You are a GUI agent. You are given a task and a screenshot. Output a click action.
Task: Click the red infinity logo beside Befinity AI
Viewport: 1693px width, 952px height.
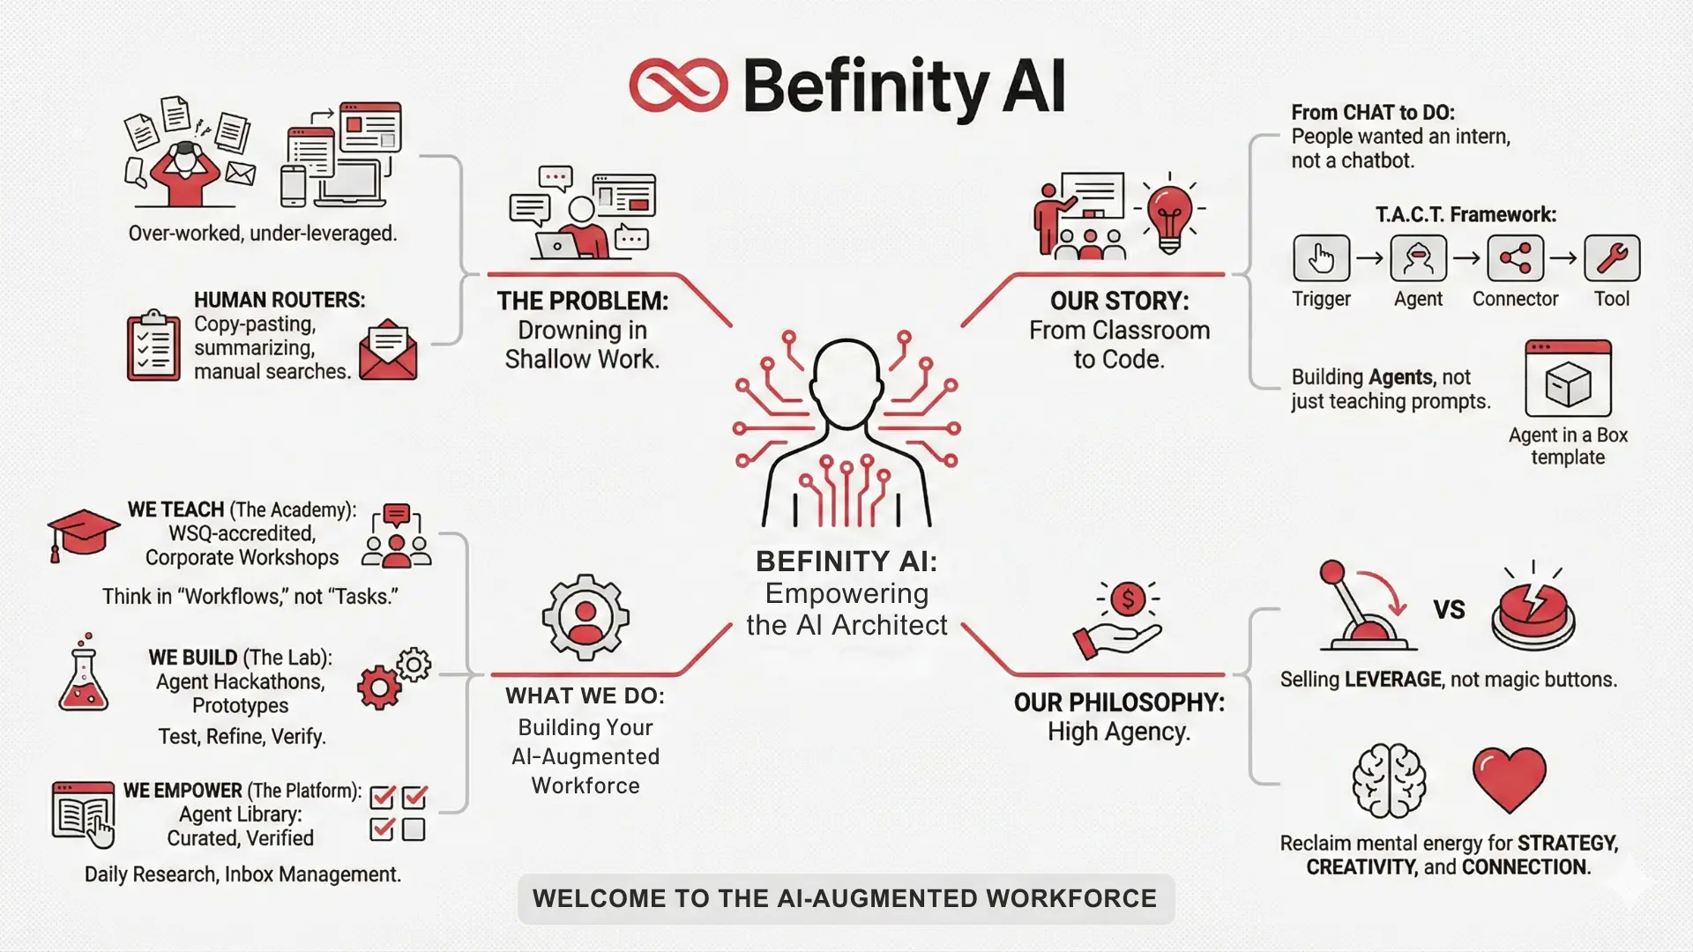click(x=678, y=86)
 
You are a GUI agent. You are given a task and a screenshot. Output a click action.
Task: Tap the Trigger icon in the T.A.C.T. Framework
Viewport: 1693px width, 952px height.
click(x=1321, y=258)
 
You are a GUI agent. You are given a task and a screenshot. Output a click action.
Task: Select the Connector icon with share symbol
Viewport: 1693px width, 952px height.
click(x=1515, y=258)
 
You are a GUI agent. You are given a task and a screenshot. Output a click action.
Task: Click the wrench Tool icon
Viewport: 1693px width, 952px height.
click(x=1612, y=258)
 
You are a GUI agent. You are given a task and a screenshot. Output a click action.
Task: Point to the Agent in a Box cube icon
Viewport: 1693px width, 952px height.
click(x=1568, y=385)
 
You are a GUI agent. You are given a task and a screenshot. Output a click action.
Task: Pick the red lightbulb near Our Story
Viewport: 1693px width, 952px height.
click(x=1169, y=214)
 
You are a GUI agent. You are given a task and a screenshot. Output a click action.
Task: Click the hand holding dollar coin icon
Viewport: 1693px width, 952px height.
click(x=1118, y=620)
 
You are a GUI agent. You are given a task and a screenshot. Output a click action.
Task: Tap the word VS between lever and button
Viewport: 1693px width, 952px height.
click(x=1449, y=610)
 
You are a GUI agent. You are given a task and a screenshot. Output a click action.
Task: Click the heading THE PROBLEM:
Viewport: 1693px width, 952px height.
click(x=582, y=301)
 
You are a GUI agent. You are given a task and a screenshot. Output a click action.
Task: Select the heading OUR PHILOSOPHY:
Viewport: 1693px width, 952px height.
click(x=1119, y=703)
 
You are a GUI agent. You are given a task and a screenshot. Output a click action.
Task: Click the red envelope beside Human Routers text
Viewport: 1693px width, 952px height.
click(x=388, y=351)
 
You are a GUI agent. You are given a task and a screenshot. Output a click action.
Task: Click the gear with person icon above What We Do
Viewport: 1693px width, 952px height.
click(x=585, y=617)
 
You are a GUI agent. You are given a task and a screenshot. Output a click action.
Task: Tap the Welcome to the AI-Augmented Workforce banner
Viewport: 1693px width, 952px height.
click(x=845, y=898)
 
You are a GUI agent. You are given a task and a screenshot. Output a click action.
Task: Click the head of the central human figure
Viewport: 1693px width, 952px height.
click(x=846, y=380)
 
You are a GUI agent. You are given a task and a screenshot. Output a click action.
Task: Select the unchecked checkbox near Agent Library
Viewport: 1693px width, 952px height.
click(x=414, y=829)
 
